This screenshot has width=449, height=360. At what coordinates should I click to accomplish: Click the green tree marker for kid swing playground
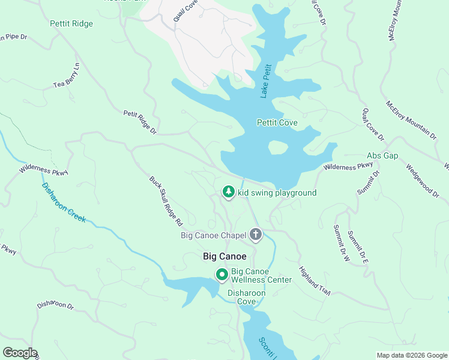[x=228, y=191]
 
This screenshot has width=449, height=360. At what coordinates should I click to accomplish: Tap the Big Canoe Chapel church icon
[x=256, y=234]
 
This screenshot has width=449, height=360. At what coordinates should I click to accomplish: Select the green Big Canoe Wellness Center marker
[x=221, y=275]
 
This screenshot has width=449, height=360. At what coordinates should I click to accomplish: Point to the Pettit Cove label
[x=277, y=122]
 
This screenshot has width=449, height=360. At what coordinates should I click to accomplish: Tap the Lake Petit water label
[x=267, y=81]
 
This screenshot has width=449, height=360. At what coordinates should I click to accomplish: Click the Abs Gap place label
[x=382, y=155]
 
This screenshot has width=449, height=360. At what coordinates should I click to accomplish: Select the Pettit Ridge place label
[x=71, y=24]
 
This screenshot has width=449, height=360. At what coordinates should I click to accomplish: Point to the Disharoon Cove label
[x=242, y=297]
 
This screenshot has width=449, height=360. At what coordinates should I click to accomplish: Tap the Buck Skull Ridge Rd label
[x=166, y=200]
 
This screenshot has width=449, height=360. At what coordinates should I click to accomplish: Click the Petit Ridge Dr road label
[x=140, y=122]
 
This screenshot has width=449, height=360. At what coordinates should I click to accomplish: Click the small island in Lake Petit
[x=278, y=146]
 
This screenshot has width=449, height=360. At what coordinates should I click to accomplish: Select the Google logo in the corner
[x=19, y=353]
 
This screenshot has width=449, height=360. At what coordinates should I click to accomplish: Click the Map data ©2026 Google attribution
[x=411, y=355]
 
